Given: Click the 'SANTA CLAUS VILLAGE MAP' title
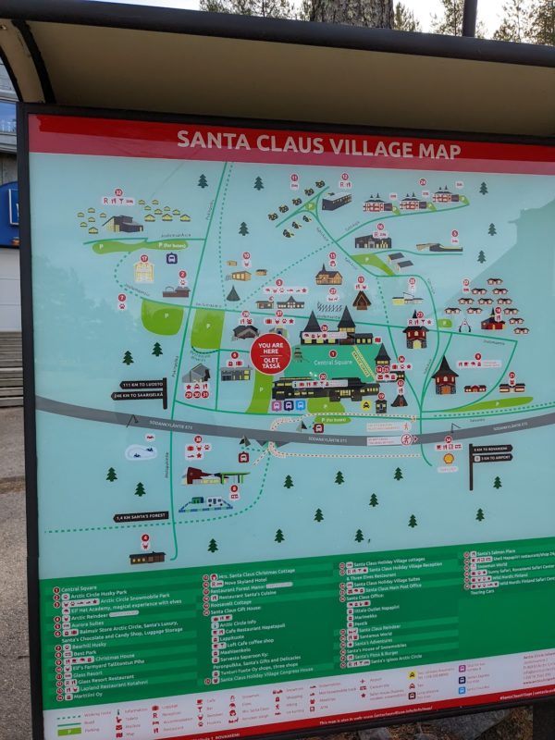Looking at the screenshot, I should click(305, 142).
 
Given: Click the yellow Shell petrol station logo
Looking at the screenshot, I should click(449, 457).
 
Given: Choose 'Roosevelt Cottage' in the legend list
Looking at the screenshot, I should click(236, 603).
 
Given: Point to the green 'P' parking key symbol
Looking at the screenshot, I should click(65, 730).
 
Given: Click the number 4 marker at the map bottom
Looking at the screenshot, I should click(144, 539).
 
